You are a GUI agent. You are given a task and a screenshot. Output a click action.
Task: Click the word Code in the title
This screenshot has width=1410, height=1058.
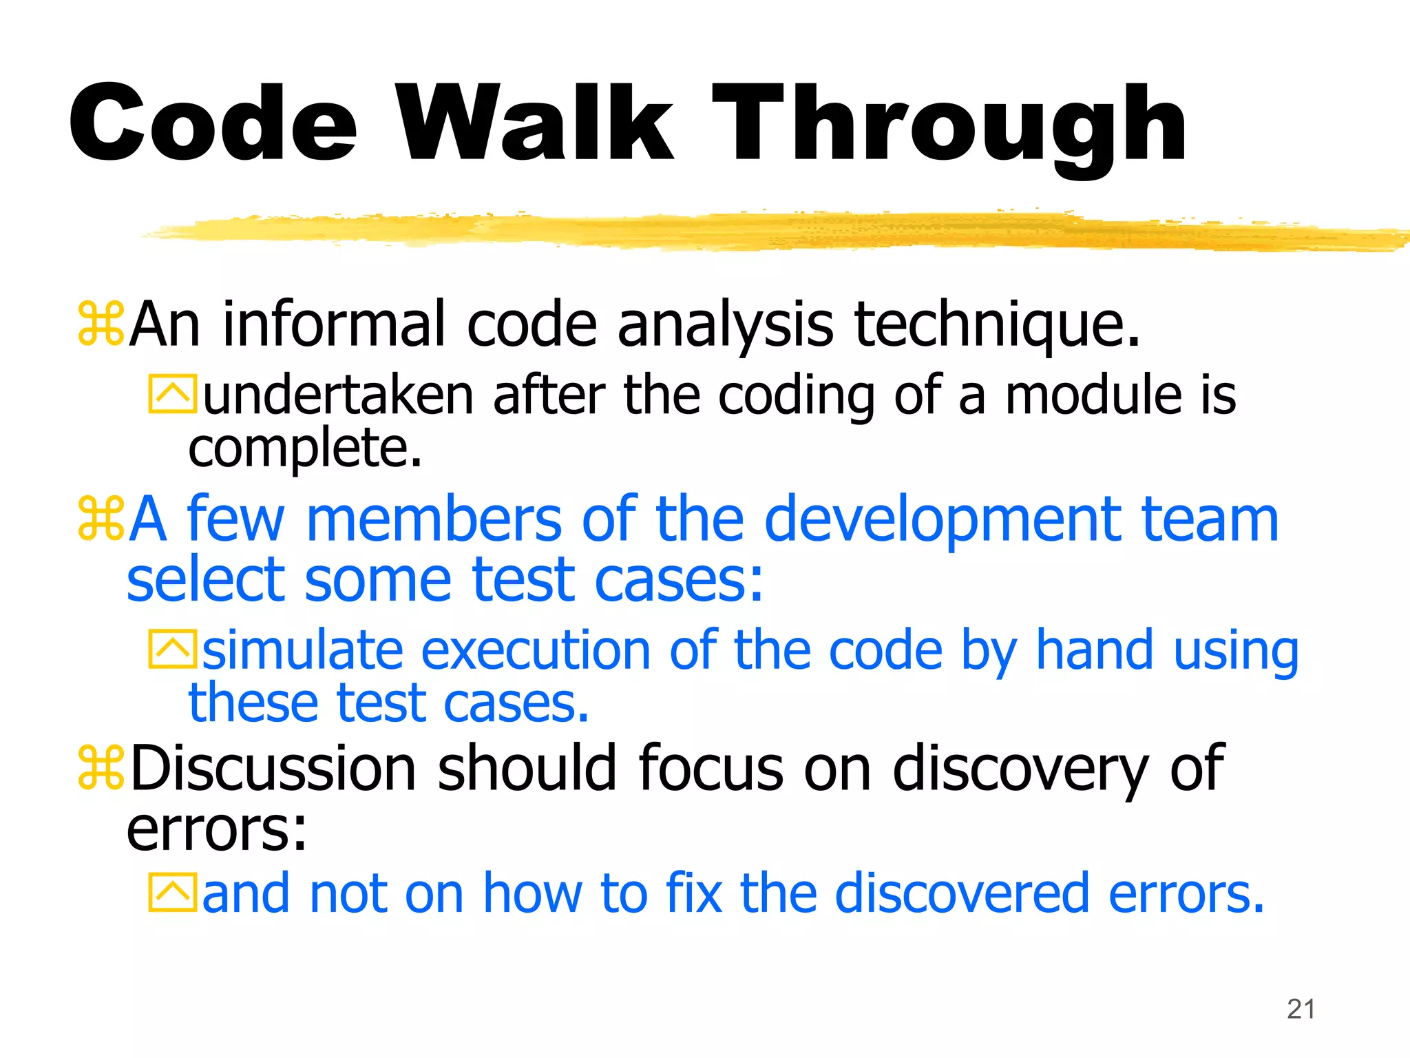213,124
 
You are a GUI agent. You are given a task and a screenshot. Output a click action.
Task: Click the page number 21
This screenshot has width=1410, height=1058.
1301,1009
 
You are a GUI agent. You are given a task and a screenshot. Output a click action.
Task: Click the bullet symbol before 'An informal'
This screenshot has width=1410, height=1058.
101,324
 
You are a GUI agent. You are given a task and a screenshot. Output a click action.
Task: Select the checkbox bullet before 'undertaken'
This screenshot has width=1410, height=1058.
172,394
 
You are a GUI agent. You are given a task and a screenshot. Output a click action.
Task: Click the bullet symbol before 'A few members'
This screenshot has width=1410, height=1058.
101,518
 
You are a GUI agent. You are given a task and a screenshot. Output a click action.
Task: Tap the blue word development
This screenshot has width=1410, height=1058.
943,521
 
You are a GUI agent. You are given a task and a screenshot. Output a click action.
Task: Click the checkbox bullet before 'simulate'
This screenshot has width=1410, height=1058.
172,650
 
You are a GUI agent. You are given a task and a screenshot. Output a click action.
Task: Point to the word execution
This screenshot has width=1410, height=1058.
536,651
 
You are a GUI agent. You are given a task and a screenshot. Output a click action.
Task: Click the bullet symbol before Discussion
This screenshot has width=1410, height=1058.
101,767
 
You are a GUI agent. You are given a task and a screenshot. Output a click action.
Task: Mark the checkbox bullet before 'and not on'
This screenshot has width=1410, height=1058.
172,893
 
